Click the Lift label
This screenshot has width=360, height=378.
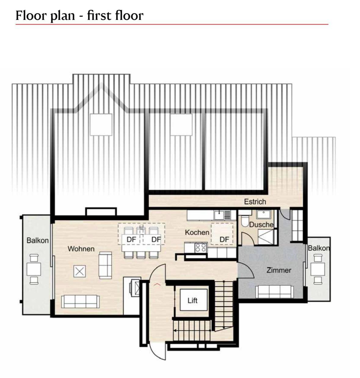pyautogui.click(x=192, y=300)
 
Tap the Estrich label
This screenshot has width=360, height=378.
pyautogui.click(x=255, y=202)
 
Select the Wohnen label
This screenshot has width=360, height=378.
pyautogui.click(x=81, y=249)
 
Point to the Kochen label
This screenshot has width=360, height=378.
pyautogui.click(x=197, y=232)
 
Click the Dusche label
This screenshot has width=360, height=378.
pyautogui.click(x=261, y=225)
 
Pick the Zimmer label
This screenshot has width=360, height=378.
pyautogui.click(x=279, y=270)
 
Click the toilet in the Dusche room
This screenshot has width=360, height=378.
pyautogui.click(x=245, y=221)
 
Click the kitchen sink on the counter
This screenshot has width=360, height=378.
pyautogui.click(x=220, y=215)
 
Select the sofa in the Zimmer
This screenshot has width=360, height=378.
pyautogui.click(x=275, y=292)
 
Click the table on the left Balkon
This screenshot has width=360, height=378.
pyautogui.click(x=34, y=269)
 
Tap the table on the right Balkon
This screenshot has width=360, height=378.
pyautogui.click(x=318, y=269)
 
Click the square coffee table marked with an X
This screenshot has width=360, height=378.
pyautogui.click(x=79, y=271)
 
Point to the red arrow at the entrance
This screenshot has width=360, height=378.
pyautogui.click(x=157, y=284)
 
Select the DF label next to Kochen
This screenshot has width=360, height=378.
pyautogui.click(x=224, y=239)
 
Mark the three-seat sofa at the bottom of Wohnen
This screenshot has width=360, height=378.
pyautogui.click(x=81, y=301)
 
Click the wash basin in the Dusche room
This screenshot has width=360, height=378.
pyautogui.click(x=264, y=214)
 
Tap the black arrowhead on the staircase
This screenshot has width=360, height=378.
pyautogui.click(x=175, y=330)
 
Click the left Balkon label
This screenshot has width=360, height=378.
pyautogui.click(x=38, y=240)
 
